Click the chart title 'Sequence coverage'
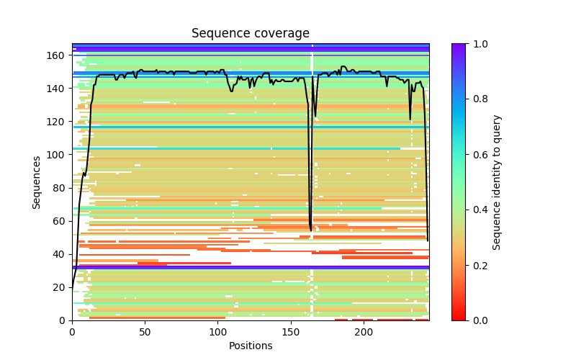250,34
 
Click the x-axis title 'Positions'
250,346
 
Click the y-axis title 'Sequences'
37,182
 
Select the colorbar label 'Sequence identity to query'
497,182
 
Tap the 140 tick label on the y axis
58,88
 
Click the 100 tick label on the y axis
58,154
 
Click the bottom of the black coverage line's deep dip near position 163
311,230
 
